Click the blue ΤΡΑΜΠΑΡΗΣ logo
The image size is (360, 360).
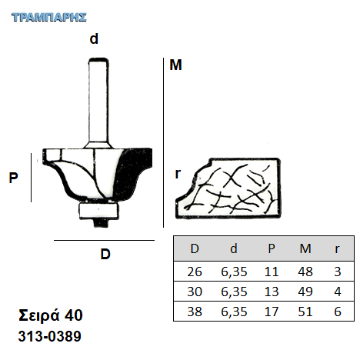click(x=48, y=17)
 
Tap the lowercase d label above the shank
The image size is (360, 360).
click(x=94, y=38)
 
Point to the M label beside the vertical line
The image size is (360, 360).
click(x=175, y=65)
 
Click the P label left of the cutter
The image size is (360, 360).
click(x=13, y=178)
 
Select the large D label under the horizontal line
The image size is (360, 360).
click(x=105, y=254)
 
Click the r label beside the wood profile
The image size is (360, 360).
click(x=178, y=174)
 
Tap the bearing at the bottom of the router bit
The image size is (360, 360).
click(x=98, y=211)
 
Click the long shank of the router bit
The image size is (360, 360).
click(x=98, y=102)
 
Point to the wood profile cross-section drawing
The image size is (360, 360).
click(x=228, y=188)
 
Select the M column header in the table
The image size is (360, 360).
click(x=305, y=248)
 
